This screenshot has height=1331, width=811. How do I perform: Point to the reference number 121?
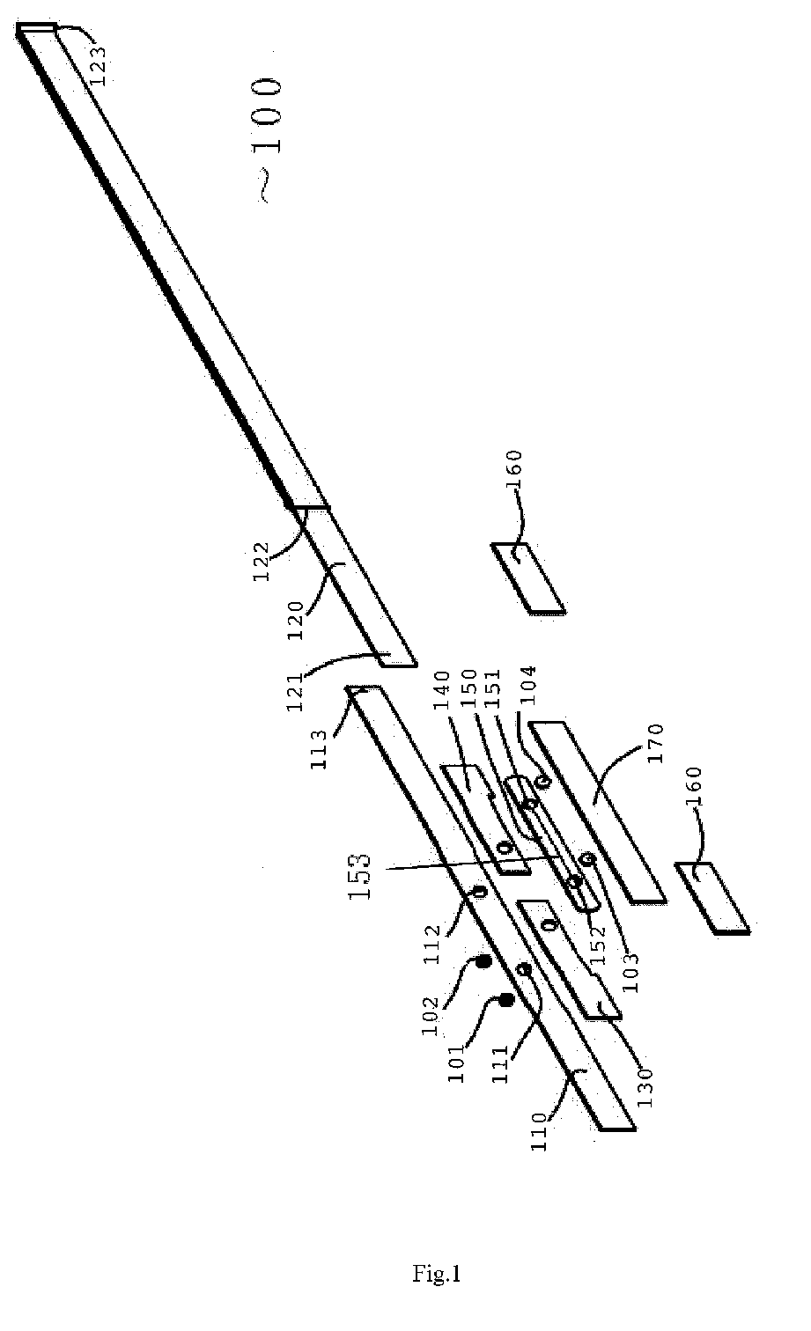click(x=308, y=689)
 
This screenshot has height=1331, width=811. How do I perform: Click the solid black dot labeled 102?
click(x=483, y=963)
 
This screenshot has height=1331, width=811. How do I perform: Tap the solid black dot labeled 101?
click(x=506, y=1000)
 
